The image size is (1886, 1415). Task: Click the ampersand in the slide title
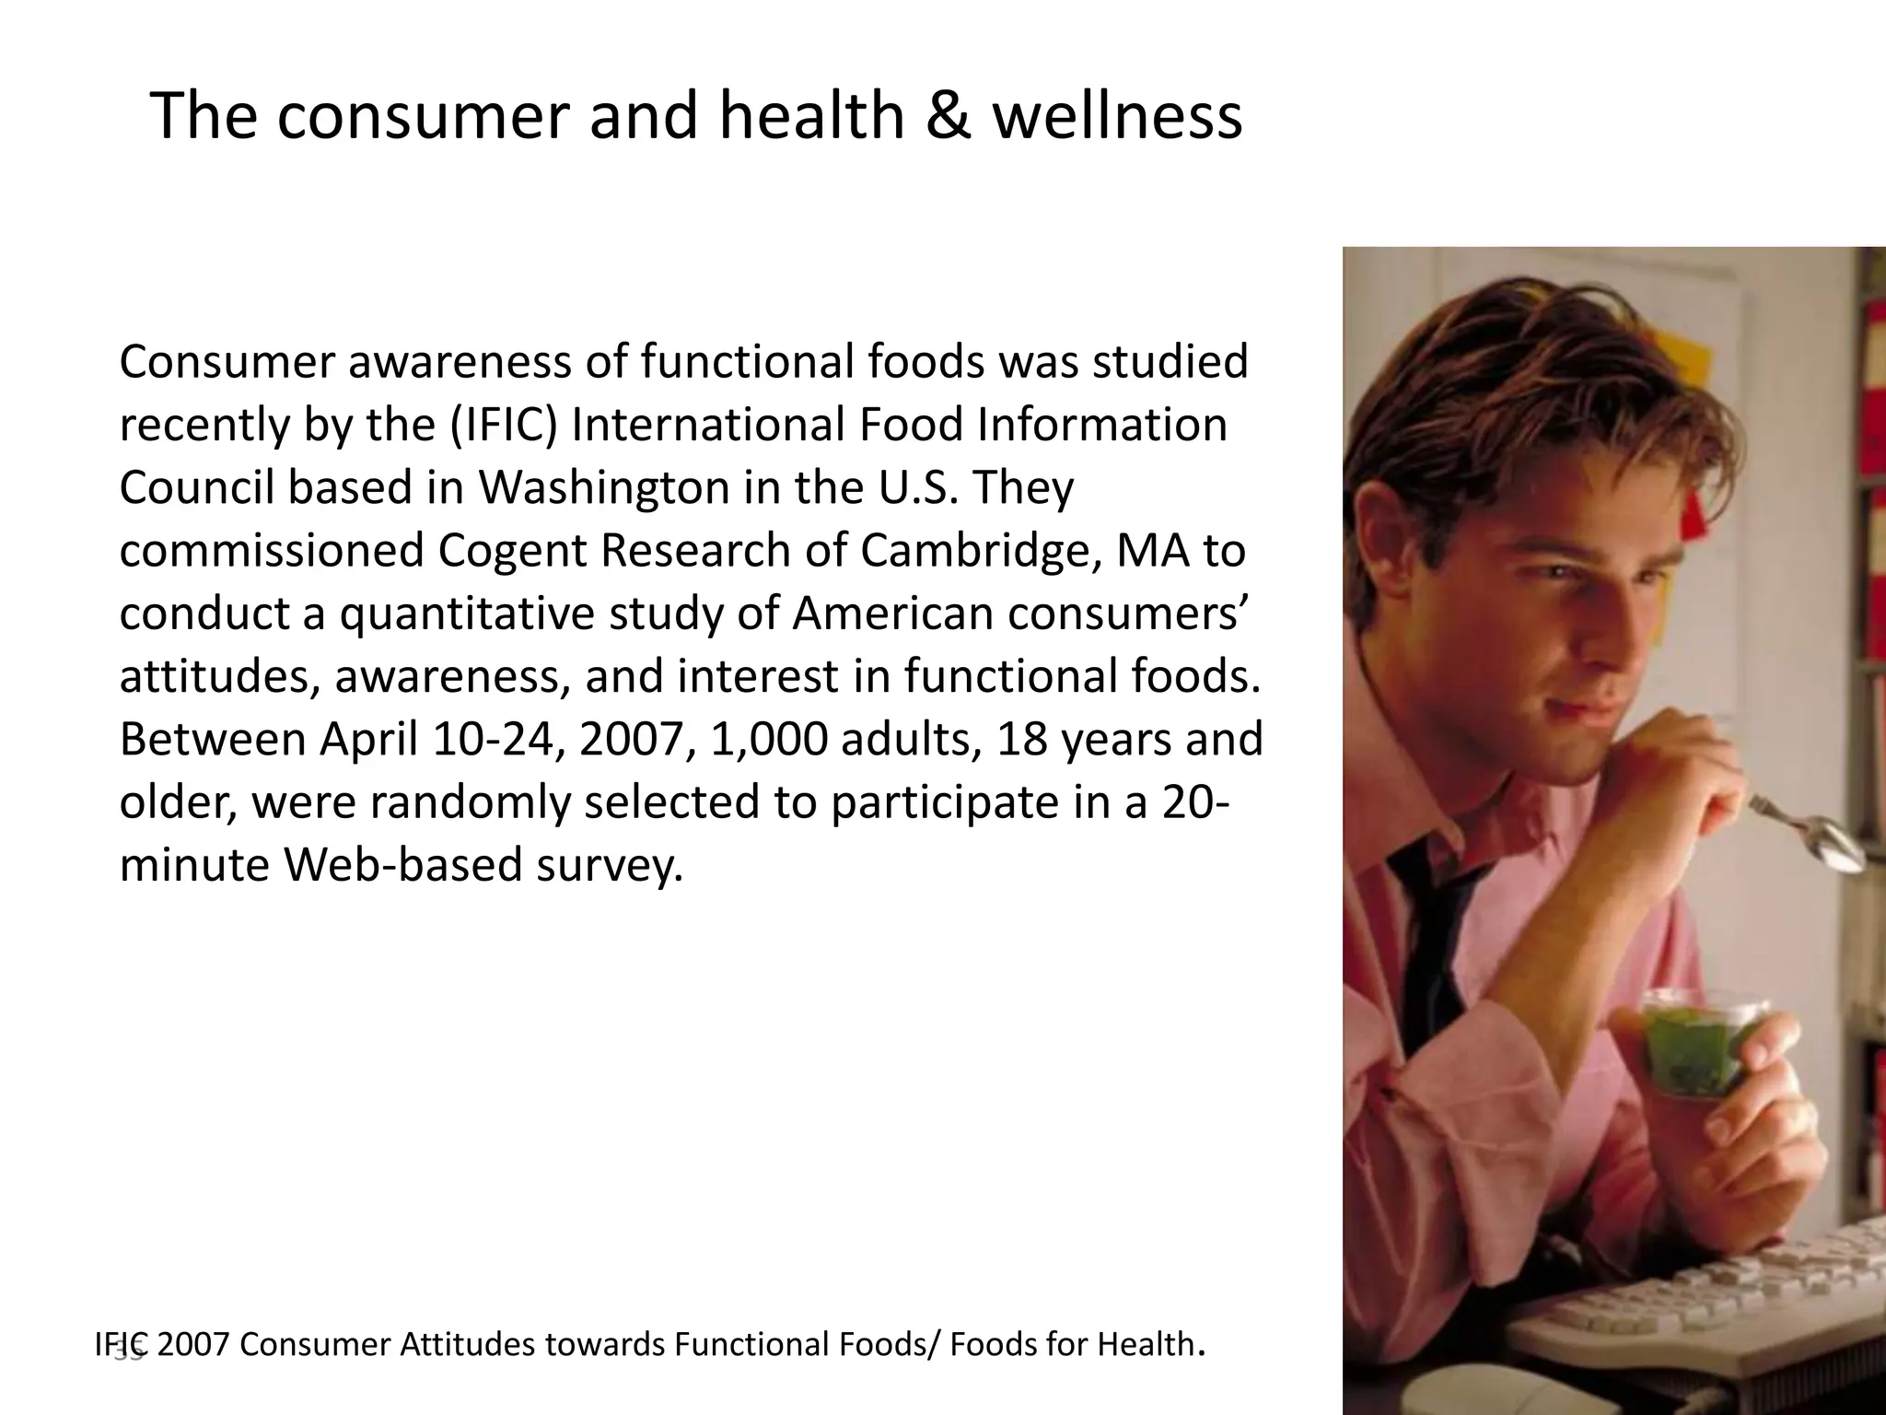pyautogui.click(x=949, y=116)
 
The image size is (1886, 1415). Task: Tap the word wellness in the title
pyautogui.click(x=1116, y=116)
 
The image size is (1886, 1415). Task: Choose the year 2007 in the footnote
pyautogui.click(x=192, y=1345)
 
